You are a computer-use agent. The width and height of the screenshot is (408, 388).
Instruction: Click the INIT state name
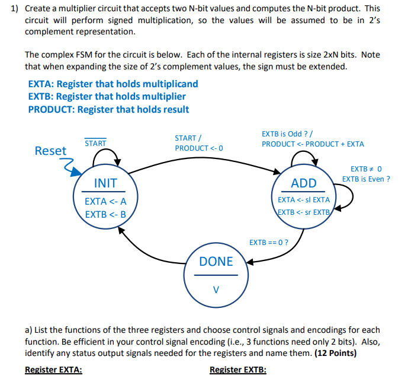[105, 183]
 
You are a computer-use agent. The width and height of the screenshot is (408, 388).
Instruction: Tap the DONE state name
[216, 262]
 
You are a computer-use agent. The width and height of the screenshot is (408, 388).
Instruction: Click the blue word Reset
[51, 151]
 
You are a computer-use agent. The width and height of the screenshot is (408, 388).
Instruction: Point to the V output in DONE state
[216, 290]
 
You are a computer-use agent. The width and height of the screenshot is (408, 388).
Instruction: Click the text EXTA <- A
[105, 201]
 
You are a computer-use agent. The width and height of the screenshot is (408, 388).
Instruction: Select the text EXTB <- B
[105, 214]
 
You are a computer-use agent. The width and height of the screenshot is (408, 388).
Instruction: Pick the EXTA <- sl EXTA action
[304, 200]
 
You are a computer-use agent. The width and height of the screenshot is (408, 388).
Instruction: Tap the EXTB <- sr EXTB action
[304, 212]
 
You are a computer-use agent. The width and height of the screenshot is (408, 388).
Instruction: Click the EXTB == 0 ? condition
[269, 243]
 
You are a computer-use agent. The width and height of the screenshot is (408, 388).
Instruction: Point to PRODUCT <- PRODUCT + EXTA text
[313, 144]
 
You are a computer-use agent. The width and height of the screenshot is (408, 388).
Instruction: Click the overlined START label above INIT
[95, 144]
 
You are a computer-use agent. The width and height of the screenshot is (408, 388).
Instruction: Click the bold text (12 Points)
[327, 352]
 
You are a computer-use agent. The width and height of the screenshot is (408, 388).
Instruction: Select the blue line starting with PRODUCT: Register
[108, 109]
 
